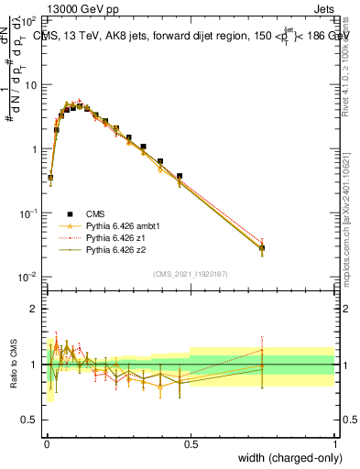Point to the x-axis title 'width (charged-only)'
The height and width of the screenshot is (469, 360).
point(286,459)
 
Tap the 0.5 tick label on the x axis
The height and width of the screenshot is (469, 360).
point(190,443)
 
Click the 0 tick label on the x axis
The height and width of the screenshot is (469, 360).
point(46,443)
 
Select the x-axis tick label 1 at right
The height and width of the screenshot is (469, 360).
point(334,443)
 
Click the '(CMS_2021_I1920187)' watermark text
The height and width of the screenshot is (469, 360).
point(191,272)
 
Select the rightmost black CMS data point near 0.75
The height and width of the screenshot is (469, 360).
point(262,247)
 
